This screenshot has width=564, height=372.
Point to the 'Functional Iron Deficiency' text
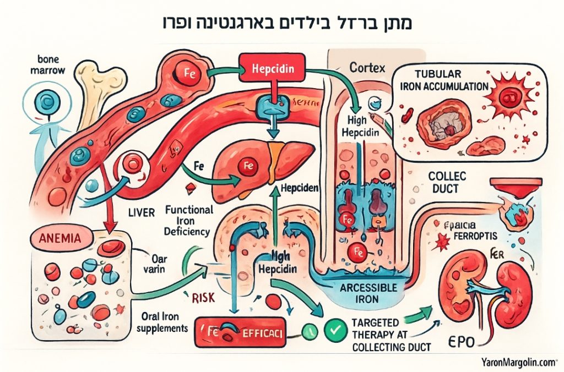coord(188,220)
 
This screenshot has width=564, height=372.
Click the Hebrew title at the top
coord(281,24)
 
